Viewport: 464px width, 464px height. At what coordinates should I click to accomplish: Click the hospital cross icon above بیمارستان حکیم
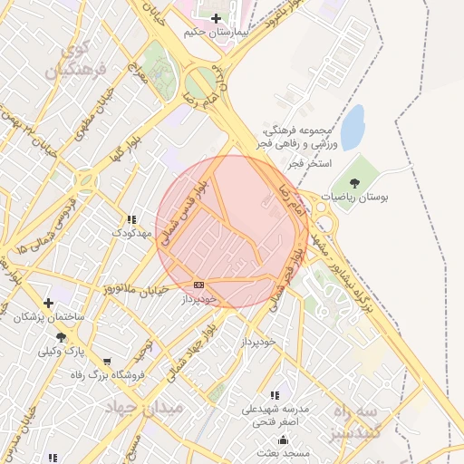[216, 18]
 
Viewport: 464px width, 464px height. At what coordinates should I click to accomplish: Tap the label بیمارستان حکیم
[216, 32]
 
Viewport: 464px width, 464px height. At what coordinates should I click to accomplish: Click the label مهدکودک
[130, 233]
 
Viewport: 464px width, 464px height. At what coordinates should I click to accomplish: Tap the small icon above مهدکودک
[131, 219]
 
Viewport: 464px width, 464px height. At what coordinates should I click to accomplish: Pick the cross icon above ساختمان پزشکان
[48, 303]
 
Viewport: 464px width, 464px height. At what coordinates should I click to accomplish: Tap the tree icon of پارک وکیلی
[61, 336]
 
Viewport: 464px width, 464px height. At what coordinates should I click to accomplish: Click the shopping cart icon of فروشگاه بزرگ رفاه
[108, 361]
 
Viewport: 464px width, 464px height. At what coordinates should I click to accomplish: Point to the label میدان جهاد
[146, 408]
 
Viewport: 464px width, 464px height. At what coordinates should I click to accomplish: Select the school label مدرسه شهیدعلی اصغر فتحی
[275, 415]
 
